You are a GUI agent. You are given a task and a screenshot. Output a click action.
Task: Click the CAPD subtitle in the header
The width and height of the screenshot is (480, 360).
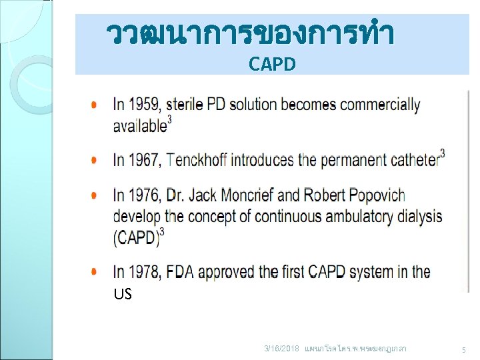click(x=272, y=64)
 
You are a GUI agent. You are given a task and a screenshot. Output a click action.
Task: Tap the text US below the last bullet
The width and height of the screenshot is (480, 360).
click(x=123, y=294)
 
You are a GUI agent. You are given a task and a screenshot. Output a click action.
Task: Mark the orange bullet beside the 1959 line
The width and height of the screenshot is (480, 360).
click(x=98, y=105)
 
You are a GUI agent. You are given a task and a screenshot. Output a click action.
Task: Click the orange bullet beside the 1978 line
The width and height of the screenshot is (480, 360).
click(x=98, y=272)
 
